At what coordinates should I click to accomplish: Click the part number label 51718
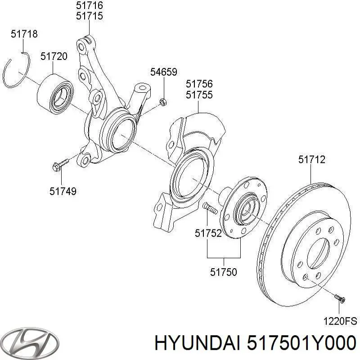[x=24, y=34]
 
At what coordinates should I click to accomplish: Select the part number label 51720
[x=54, y=57]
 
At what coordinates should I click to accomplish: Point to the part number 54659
[x=163, y=72]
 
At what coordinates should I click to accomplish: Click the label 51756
[x=199, y=84]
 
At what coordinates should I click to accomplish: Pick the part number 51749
[x=63, y=191]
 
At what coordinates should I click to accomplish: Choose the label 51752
[x=208, y=233]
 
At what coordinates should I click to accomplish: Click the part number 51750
[x=224, y=272]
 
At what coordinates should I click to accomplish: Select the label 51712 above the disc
[x=312, y=159]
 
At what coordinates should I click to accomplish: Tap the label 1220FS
[x=341, y=321]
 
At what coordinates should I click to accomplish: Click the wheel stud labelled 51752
[x=209, y=208]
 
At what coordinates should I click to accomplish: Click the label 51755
[x=199, y=95]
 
